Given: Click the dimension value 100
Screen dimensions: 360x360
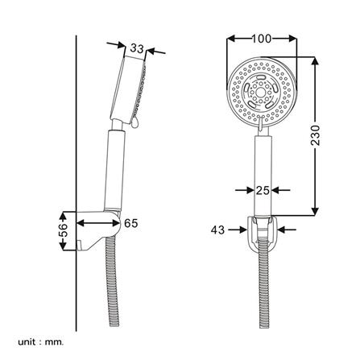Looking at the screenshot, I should [261, 39].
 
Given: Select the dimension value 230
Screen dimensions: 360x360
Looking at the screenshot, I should [315, 134].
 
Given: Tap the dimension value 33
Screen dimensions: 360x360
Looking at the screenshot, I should [137, 49].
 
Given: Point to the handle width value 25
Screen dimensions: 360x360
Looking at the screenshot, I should [262, 190].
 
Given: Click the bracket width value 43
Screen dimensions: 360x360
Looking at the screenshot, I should [217, 230].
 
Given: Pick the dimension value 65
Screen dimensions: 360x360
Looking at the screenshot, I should [130, 223].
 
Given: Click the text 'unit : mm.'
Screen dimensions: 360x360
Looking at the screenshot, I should [40, 342].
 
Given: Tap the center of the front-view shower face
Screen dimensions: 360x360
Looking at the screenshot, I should [262, 93].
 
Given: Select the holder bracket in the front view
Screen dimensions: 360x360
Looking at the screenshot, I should [262, 233].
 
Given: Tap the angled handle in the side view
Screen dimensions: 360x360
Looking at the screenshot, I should [116, 169].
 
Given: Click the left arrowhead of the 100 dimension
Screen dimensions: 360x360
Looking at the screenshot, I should [231, 39].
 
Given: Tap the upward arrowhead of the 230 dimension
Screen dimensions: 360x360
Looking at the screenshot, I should [315, 61].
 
